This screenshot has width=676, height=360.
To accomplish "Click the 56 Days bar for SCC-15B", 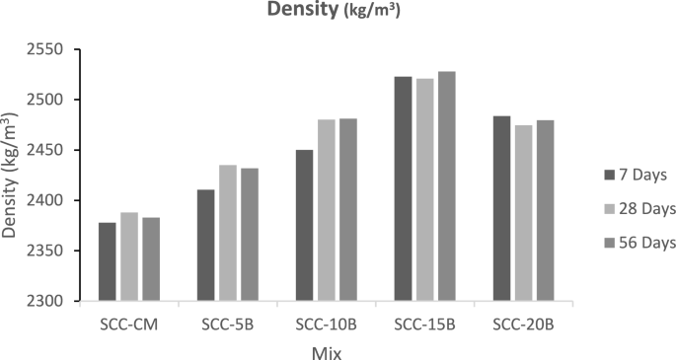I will tap(447, 186).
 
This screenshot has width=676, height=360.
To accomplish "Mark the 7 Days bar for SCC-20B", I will tap(502, 208).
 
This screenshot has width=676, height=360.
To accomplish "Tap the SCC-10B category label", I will tap(327, 323).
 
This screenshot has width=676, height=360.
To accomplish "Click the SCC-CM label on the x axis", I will tap(129, 323).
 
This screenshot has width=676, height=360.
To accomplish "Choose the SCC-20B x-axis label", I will tap(524, 323).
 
